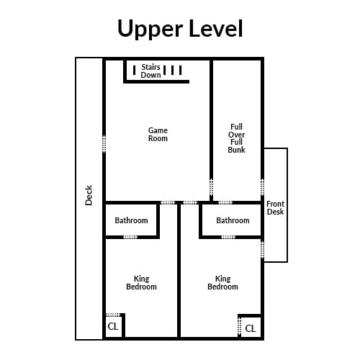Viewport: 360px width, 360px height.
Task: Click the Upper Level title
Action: tap(180, 29)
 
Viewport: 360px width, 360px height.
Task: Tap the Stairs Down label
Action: tap(150, 71)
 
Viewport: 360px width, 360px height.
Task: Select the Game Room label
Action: tap(158, 135)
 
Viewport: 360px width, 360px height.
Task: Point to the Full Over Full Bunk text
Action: tap(236, 138)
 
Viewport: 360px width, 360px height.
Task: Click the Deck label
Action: tap(89, 195)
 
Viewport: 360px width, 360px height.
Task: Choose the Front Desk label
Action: tap(275, 208)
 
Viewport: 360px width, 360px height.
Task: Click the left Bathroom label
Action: tap(131, 220)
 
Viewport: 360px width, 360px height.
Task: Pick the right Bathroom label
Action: tap(233, 220)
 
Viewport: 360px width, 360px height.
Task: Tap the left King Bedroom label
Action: tap(141, 283)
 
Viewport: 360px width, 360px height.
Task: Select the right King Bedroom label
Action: tap(222, 283)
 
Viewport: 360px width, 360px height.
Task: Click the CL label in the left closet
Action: tap(113, 326)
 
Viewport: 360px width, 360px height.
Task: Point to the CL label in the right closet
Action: tap(251, 328)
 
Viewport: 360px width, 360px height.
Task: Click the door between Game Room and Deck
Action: tap(104, 144)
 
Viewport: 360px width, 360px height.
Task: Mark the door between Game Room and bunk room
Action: tap(211, 187)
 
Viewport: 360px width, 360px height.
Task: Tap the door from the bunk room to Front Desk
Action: tap(263, 187)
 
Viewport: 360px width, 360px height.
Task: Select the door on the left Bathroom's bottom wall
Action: tap(130, 237)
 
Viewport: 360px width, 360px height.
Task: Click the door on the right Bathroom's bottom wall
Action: tap(228, 237)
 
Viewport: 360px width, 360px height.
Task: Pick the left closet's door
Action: tap(113, 315)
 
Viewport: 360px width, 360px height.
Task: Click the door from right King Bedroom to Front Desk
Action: tap(263, 250)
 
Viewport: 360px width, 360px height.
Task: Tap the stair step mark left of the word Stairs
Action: tap(135, 70)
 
